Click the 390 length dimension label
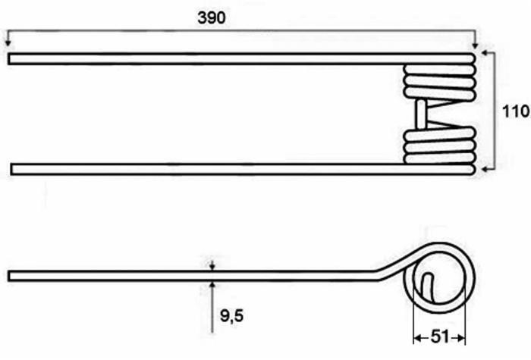coord(212,17)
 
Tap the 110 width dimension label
coord(515,111)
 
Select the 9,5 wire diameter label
coord(231,316)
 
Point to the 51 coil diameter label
coord(440,337)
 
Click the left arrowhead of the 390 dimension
coord(8,42)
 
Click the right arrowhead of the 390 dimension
coord(476,45)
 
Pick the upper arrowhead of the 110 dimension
coord(485,53)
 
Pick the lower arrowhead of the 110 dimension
coord(485,169)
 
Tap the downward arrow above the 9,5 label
coord(212,265)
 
